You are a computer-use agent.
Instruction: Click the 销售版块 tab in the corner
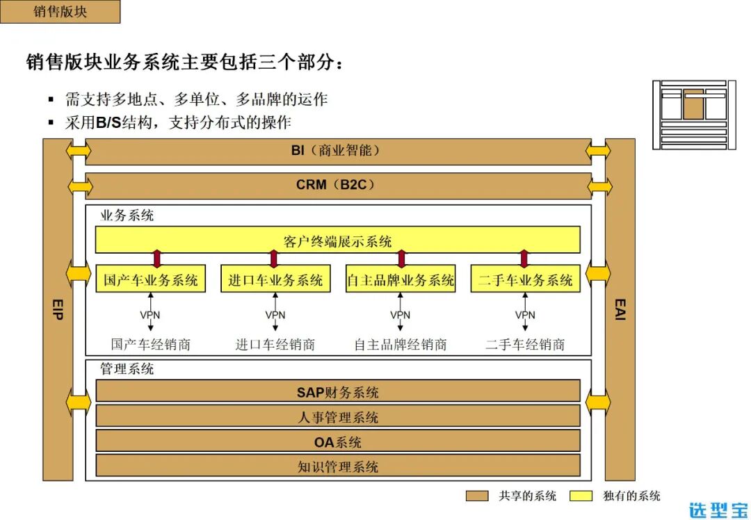coord(60,12)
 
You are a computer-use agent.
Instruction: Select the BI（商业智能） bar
coord(338,151)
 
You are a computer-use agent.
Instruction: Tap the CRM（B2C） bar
coord(338,186)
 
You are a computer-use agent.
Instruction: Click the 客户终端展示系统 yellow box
coord(338,241)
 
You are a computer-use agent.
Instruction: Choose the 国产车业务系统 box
coord(151,279)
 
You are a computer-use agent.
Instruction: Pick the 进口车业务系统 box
coord(275,279)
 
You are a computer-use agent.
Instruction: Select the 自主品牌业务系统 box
coord(401,279)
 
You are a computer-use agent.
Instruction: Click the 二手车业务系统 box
coord(525,279)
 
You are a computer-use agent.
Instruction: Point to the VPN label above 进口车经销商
coord(275,315)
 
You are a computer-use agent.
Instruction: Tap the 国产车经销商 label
coord(151,344)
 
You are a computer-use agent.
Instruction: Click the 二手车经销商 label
coord(525,344)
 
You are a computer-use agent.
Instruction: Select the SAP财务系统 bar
coord(338,392)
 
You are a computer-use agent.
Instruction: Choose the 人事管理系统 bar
coord(338,417)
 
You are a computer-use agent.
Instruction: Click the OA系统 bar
coord(338,441)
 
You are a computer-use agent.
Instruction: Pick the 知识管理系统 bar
coord(338,466)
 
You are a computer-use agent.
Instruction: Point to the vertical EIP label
coord(58,309)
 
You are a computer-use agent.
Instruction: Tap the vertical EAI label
coord(620,309)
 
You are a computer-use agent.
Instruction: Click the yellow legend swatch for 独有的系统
coord(581,496)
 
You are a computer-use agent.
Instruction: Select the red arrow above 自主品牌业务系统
coord(401,259)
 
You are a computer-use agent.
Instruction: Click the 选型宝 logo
coord(718,510)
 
